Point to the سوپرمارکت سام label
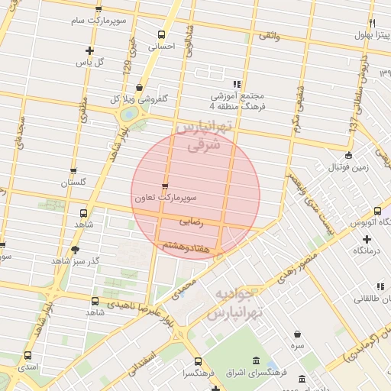coord(97,21)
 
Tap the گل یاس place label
coord(91,62)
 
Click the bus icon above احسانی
coord(160,34)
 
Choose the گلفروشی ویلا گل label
coord(140,99)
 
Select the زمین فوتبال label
coord(345,166)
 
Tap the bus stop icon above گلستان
coord(73,172)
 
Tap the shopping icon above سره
coord(297,334)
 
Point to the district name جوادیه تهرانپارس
coord(238,304)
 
